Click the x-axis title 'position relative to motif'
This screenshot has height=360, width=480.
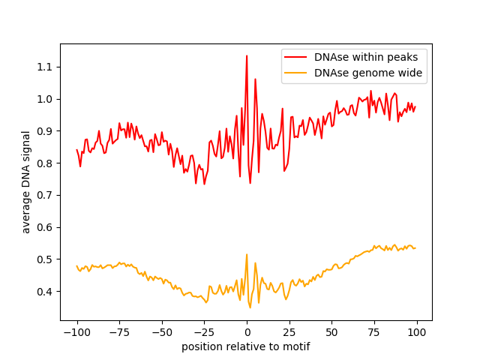[x=246, y=347]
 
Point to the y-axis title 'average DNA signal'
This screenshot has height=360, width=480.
[x=26, y=182]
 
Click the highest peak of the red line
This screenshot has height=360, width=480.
[x=247, y=55]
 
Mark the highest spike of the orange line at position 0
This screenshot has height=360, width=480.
[x=247, y=254]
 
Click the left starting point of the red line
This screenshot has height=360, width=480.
[x=76, y=149]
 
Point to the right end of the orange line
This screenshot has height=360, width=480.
[x=415, y=247]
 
